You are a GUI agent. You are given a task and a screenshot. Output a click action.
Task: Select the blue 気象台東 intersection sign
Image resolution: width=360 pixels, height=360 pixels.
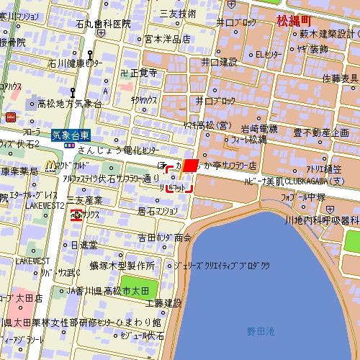click(71, 133)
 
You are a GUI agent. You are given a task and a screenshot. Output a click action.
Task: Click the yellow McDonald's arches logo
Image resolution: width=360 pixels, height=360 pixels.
click(50, 166)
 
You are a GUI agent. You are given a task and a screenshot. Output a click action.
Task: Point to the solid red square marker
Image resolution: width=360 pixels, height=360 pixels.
click(190, 166)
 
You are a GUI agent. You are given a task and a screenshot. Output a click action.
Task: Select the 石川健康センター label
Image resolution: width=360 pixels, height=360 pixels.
click(75, 63)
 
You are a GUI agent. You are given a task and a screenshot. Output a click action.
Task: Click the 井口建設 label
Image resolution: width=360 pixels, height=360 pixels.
click(219, 62)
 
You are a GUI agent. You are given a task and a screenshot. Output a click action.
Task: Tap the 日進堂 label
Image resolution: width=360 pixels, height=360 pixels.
click(84, 245)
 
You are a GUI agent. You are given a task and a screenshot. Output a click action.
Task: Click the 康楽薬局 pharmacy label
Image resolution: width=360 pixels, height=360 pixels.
click(19, 171)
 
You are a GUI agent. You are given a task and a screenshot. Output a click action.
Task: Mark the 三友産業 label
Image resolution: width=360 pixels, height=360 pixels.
click(84, 199)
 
